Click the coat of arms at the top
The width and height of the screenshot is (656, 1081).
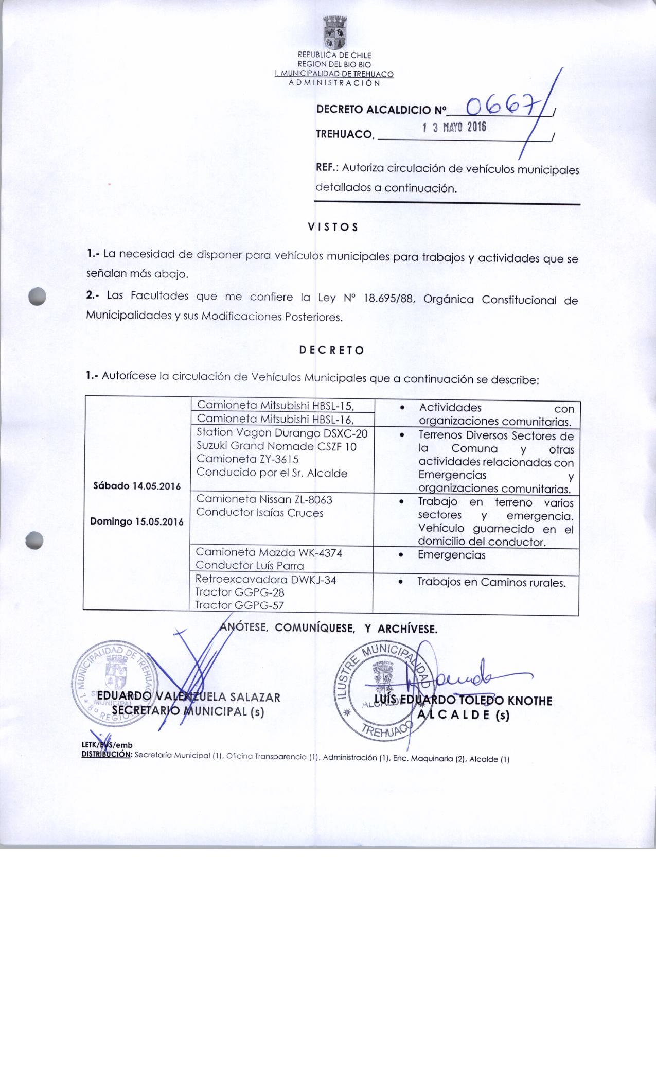[334, 32]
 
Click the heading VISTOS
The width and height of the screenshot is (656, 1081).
[332, 226]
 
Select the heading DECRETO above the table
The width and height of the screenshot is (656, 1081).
[331, 351]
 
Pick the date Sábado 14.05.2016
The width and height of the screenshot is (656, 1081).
[137, 486]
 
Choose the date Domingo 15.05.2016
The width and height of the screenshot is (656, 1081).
[137, 521]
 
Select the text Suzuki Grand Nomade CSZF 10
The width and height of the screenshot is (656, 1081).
[276, 446]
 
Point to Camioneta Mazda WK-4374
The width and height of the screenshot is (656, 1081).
[269, 552]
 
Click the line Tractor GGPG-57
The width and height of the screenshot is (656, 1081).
[239, 605]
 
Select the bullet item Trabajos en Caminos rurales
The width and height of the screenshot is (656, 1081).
[491, 582]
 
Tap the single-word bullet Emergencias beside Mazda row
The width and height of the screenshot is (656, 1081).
[451, 555]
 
